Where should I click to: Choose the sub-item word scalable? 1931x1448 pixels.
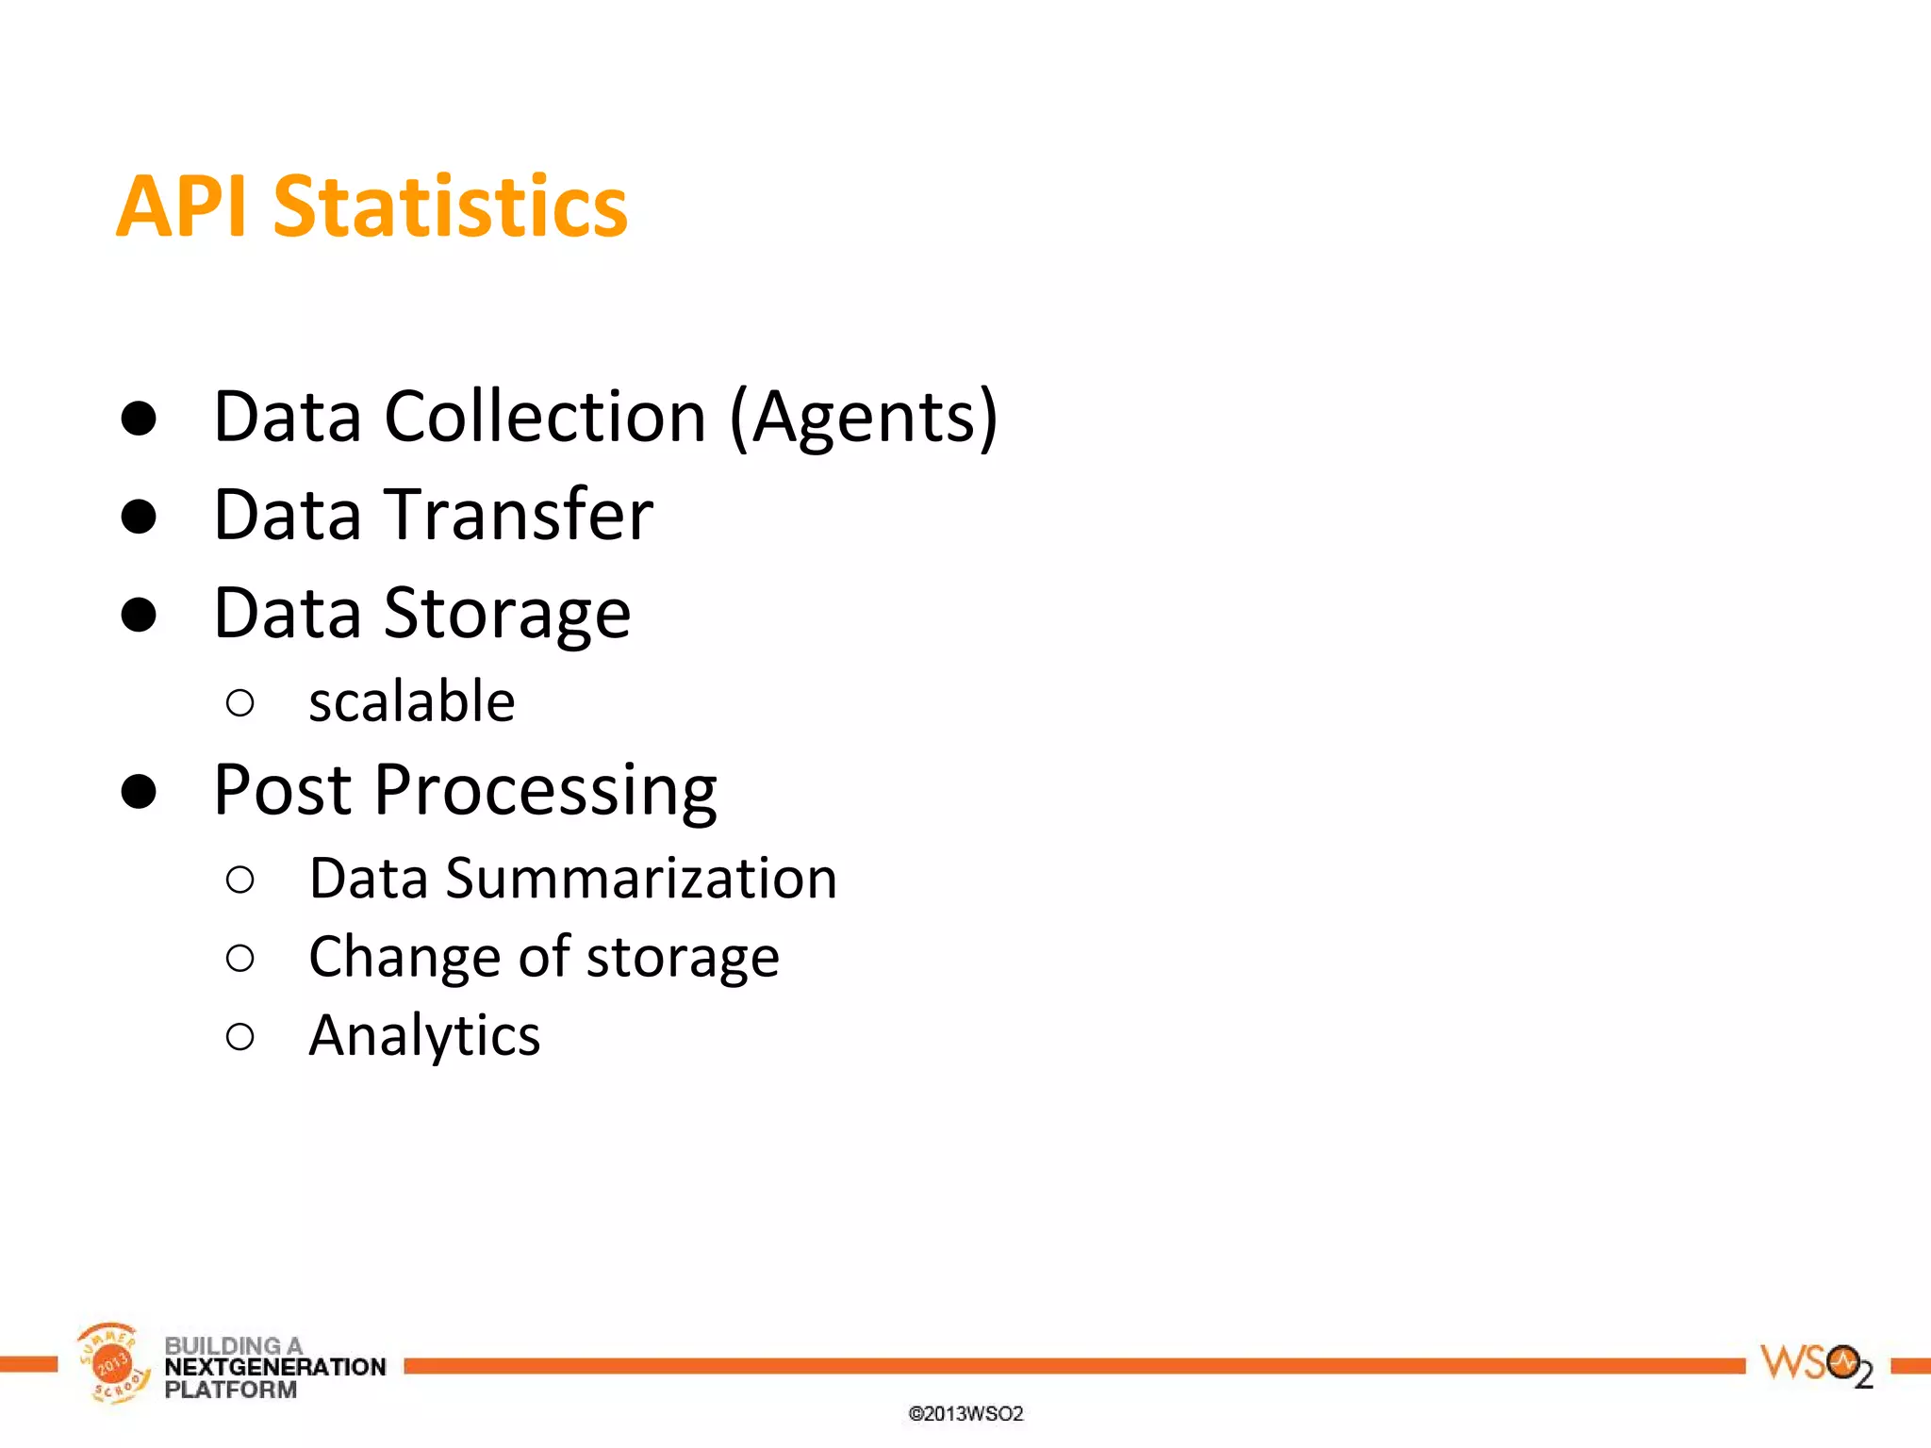click(411, 701)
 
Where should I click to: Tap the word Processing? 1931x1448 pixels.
click(545, 791)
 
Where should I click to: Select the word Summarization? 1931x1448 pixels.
click(640, 879)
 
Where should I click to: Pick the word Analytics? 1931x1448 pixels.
click(424, 1036)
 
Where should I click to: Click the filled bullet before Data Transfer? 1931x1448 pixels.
click(139, 516)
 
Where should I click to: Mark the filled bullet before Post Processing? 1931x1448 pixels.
click(139, 791)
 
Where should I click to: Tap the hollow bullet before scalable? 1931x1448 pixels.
click(240, 702)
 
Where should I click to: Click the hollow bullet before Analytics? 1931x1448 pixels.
click(240, 1037)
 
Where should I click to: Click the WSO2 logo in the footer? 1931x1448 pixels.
click(1815, 1365)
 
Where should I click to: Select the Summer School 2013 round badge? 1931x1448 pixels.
click(112, 1363)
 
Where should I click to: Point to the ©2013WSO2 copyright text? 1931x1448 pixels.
click(965, 1413)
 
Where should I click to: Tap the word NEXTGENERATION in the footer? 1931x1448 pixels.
click(275, 1367)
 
